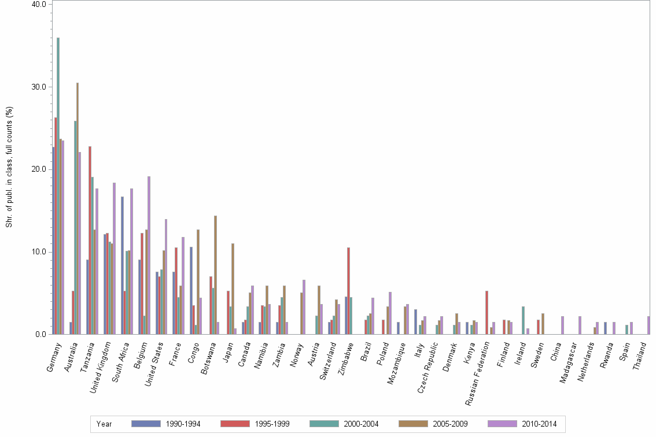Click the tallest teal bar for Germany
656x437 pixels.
58,186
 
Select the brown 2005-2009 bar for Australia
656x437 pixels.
78,208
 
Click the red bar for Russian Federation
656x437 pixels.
487,312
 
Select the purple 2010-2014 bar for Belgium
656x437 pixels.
149,255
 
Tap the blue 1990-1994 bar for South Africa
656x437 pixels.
123,265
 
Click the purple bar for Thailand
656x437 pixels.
648,325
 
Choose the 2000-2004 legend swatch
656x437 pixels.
325,424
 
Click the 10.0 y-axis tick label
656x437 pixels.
41,252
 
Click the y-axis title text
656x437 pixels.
9,168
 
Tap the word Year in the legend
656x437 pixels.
105,424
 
